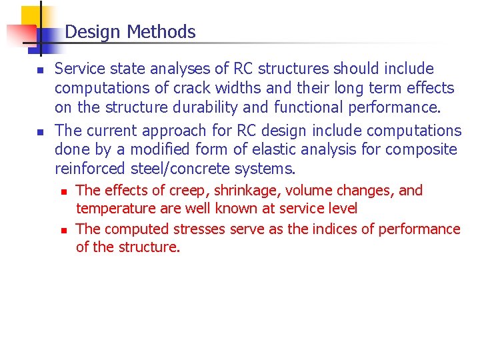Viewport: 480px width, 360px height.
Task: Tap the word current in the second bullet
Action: [107, 131]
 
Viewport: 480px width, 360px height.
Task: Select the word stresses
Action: [199, 229]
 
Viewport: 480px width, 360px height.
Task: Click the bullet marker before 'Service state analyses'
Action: [40, 70]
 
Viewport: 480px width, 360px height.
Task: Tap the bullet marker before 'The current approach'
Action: [40, 132]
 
